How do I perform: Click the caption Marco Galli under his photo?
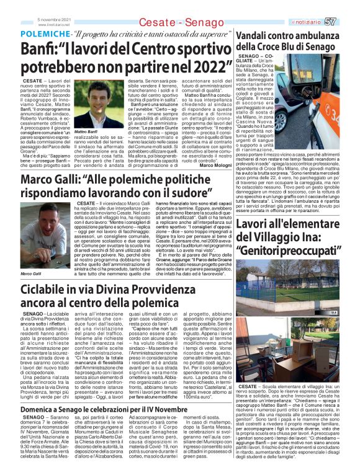coord(31,273)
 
